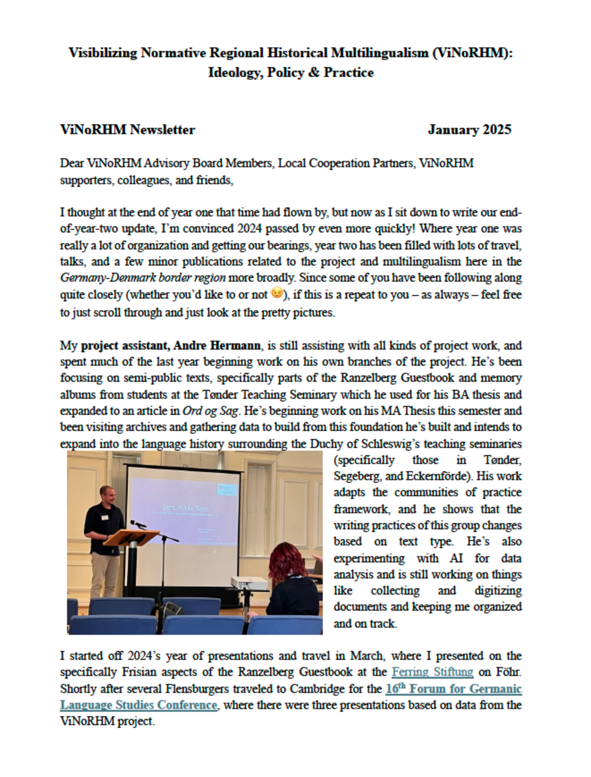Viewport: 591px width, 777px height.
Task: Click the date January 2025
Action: point(469,130)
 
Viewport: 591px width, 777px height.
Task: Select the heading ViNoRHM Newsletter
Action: point(127,130)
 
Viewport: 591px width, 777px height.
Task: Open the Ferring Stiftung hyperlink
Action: point(432,672)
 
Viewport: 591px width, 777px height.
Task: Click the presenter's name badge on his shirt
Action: point(104,517)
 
